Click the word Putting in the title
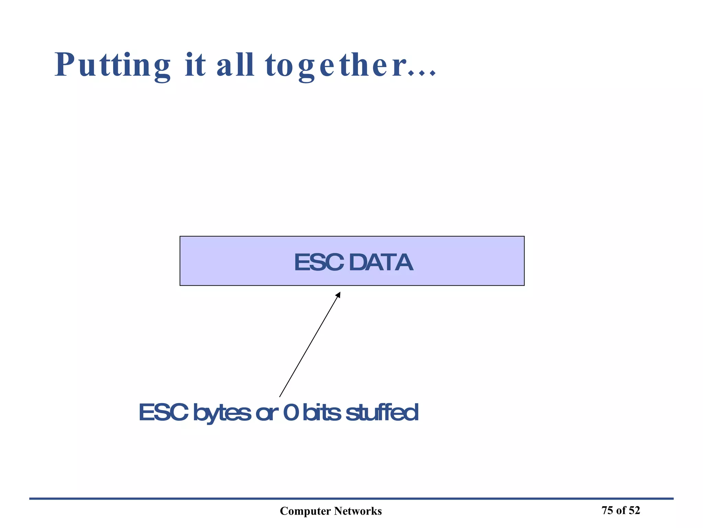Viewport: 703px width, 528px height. click(113, 65)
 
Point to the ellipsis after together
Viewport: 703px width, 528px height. click(422, 73)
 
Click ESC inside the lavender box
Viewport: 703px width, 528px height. click(319, 263)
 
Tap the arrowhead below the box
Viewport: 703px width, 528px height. click(338, 295)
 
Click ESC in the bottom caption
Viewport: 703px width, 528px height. click(163, 412)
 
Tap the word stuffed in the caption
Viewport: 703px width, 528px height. click(382, 412)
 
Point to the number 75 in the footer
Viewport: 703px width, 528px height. click(607, 510)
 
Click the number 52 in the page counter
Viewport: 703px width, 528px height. click(634, 510)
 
